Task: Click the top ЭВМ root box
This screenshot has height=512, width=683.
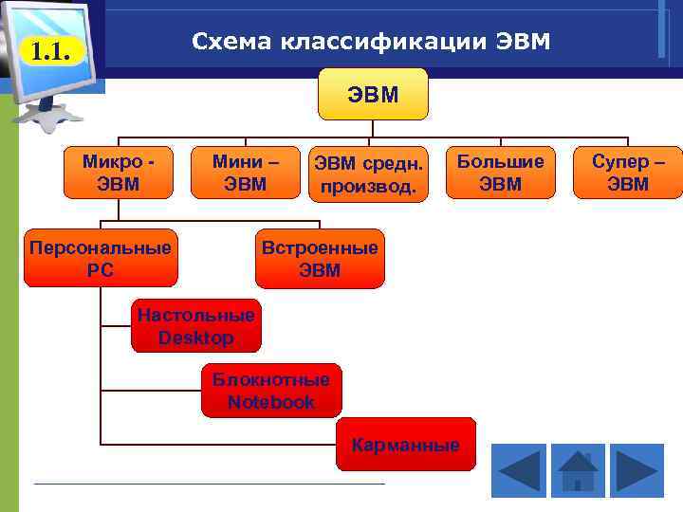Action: coord(373,94)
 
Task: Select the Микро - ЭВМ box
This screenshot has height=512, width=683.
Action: coord(119,172)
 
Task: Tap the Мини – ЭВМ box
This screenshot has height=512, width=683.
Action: coord(245,172)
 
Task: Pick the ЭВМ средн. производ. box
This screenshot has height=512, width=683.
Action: coord(367,174)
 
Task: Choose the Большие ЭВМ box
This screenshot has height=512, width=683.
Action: coord(500,172)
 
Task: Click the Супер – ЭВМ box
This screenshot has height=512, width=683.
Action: coord(628,172)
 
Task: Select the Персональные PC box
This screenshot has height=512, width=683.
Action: coord(101,258)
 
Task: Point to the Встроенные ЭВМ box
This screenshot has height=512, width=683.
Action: coord(320,258)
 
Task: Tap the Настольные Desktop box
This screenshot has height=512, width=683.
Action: coord(195,326)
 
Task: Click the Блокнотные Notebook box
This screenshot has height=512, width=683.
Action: coord(270,391)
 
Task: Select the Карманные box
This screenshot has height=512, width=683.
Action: coord(405,444)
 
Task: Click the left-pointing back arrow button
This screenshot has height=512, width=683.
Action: coord(519,469)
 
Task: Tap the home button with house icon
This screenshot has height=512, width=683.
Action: coord(577,469)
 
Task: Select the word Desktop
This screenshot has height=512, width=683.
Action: coord(195,338)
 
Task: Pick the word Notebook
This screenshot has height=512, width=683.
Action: coord(270,402)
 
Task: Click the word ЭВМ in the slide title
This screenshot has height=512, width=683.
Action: coord(520,42)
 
